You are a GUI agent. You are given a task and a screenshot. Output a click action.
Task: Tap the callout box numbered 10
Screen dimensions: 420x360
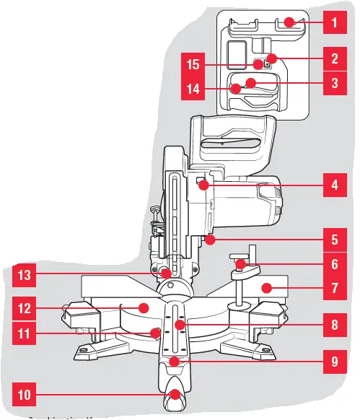click(25, 395)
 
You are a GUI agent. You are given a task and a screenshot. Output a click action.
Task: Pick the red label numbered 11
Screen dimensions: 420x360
click(25, 334)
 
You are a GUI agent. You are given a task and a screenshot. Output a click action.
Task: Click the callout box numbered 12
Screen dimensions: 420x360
click(25, 308)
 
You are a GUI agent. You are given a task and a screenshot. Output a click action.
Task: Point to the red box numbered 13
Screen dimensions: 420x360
click(25, 274)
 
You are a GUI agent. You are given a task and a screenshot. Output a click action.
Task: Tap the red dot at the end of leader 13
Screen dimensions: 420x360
click(166, 274)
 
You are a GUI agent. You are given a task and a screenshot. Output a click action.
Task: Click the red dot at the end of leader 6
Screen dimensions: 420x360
click(242, 266)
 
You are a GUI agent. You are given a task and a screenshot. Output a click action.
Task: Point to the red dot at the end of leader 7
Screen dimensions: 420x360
click(268, 288)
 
